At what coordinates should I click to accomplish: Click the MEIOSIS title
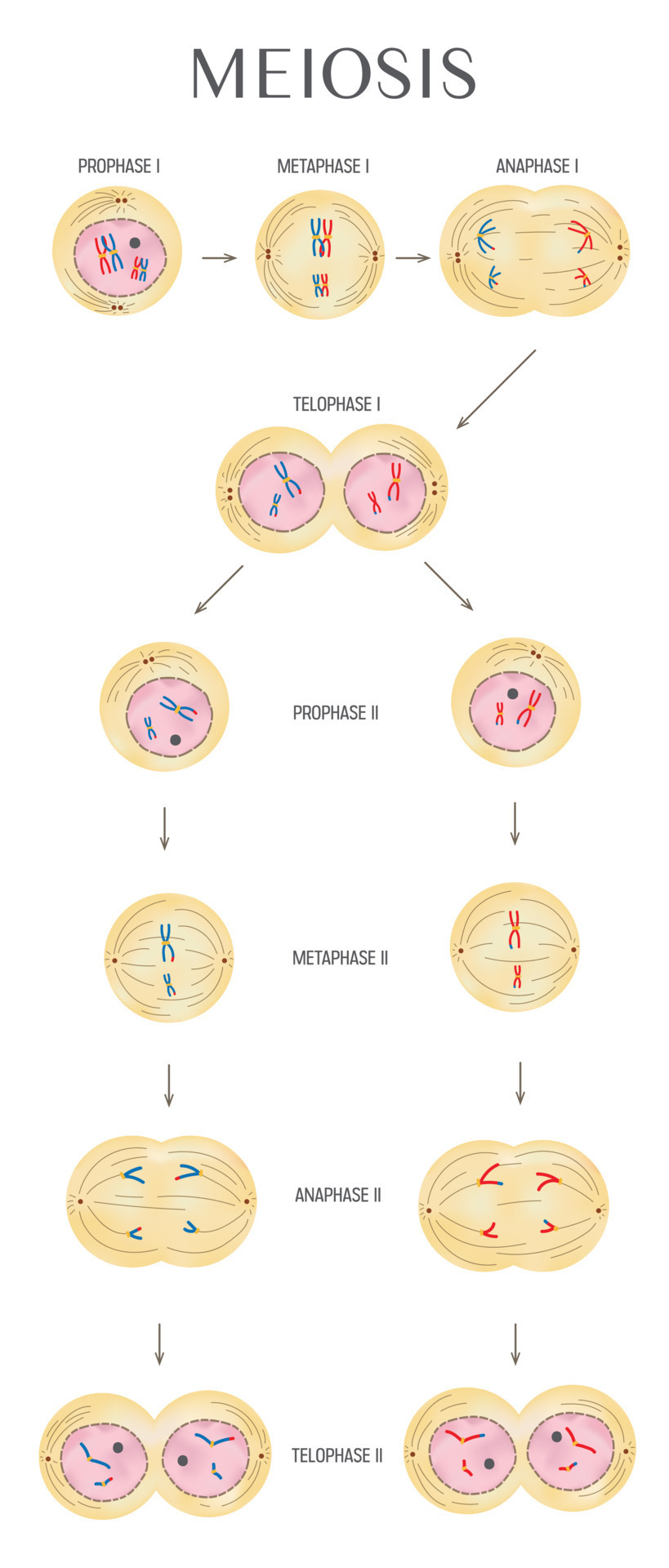click(x=333, y=73)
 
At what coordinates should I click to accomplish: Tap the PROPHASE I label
click(x=118, y=167)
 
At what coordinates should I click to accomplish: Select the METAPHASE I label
click(x=323, y=167)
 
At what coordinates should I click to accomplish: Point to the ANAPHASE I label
click(x=537, y=167)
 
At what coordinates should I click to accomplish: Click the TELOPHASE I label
click(x=337, y=404)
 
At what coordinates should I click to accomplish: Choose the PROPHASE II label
click(x=336, y=713)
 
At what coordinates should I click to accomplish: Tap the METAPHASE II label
click(x=340, y=958)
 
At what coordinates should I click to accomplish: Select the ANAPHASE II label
click(x=337, y=1196)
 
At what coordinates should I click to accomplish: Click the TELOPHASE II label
click(x=337, y=1455)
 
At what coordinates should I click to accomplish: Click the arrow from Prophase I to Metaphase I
click(x=219, y=258)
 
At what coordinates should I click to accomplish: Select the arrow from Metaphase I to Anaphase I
click(x=413, y=258)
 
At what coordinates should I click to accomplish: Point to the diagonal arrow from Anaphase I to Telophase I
click(x=496, y=389)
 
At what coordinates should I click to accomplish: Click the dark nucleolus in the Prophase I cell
click(x=135, y=243)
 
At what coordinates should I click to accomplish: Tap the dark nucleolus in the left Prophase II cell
click(x=175, y=740)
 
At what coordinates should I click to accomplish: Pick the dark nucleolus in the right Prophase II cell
click(x=512, y=693)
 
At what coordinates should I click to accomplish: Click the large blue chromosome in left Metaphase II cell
click(x=167, y=942)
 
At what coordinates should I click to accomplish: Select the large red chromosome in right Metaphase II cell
click(x=514, y=929)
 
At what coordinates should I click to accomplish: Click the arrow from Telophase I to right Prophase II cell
click(x=448, y=586)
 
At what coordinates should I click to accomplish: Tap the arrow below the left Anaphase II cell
click(x=159, y=1343)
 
